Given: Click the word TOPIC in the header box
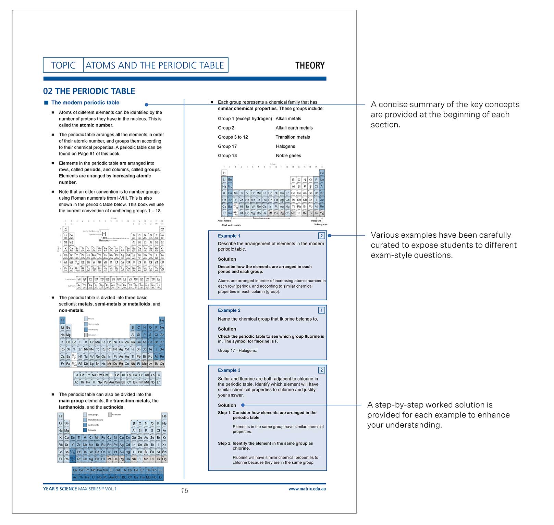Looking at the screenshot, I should coord(63,65).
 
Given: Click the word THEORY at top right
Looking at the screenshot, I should coord(310,65).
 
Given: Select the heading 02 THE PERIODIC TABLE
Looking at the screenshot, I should coord(89,91).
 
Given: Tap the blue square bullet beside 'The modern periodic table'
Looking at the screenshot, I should coord(46,102).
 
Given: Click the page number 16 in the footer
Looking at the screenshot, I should coord(185,490).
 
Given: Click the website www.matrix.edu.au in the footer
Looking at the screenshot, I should coord(307,489).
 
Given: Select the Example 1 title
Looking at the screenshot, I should coord(229,236).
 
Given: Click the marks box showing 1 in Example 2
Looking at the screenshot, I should coord(321,310).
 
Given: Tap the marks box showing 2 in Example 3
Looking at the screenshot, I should coord(321,370).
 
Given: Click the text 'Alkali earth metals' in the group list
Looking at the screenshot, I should coord(294,128).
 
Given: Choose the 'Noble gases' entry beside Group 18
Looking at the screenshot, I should coord(288,155).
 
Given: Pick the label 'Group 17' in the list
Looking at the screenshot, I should coord(227,146).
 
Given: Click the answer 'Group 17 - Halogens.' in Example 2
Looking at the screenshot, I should coord(237,350).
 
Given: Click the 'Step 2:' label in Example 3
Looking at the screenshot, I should coord(225,443).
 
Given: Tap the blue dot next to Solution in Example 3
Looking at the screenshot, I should coord(243,405).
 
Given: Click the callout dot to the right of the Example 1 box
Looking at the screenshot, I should coord(330,236).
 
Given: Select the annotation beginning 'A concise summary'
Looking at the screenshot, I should coord(445,114).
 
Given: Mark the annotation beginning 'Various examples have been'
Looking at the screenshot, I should coord(443,245).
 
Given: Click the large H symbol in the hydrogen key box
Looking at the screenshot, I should coord(104,234).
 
